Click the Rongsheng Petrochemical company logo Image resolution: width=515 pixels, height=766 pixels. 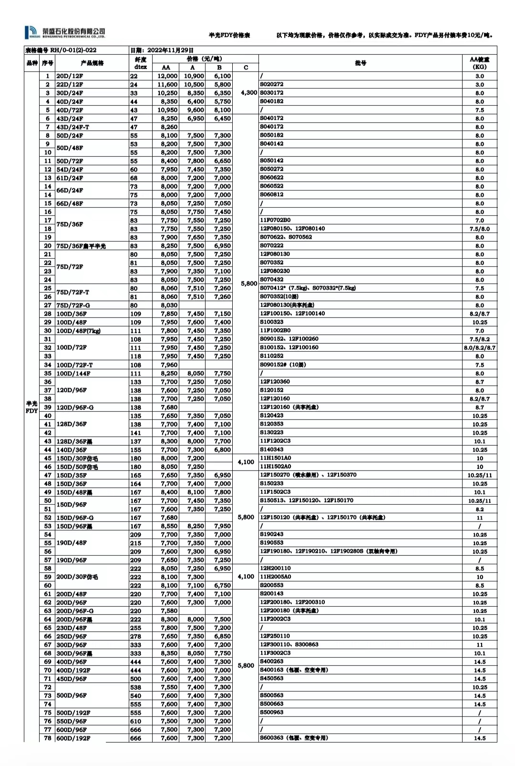(x=65, y=32)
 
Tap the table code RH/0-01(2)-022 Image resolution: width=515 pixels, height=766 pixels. (x=61, y=50)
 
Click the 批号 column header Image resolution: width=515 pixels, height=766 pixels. (x=360, y=63)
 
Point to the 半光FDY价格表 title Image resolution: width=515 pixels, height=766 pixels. (x=229, y=35)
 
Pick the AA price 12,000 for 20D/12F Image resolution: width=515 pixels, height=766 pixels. (x=167, y=76)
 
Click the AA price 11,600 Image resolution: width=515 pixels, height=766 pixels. (x=167, y=85)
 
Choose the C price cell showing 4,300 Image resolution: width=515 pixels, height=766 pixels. (x=248, y=93)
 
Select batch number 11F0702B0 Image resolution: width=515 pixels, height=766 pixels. (x=275, y=220)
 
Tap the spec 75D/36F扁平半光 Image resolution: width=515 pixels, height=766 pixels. (x=81, y=246)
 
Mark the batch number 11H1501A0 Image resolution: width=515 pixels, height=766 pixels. (x=275, y=458)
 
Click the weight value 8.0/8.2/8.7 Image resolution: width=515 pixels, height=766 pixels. (x=479, y=348)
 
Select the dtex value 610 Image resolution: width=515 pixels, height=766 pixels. (x=136, y=721)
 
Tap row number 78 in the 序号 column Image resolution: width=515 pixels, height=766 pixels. (x=48, y=738)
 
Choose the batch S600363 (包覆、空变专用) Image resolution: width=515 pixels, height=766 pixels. (x=294, y=738)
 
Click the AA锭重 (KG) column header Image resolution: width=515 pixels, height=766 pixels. (x=479, y=63)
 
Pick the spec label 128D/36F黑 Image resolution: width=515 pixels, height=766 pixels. (x=74, y=441)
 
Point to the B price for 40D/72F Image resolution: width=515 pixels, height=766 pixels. (x=222, y=110)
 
